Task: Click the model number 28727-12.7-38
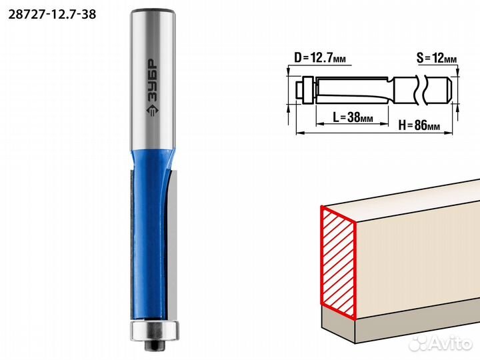click(52, 15)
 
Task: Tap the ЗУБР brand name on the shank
click(152, 79)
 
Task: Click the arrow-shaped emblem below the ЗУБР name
click(153, 110)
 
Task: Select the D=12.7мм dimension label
click(320, 57)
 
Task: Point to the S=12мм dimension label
click(437, 58)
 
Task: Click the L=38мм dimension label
click(353, 117)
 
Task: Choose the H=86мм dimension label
click(419, 125)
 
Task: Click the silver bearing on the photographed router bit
click(154, 330)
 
